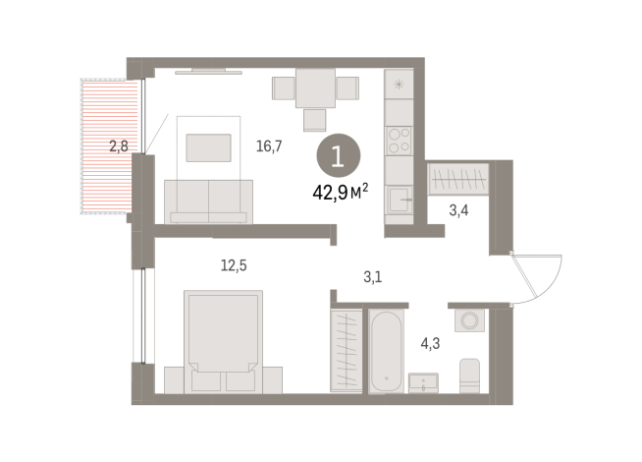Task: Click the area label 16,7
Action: click(x=269, y=146)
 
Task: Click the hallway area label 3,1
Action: click(x=372, y=276)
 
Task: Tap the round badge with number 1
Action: click(x=339, y=155)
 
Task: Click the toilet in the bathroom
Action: click(x=470, y=374)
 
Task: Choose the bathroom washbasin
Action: click(x=424, y=382)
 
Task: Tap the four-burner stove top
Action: click(x=400, y=140)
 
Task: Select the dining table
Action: click(x=314, y=88)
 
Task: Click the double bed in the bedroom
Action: click(x=223, y=339)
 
